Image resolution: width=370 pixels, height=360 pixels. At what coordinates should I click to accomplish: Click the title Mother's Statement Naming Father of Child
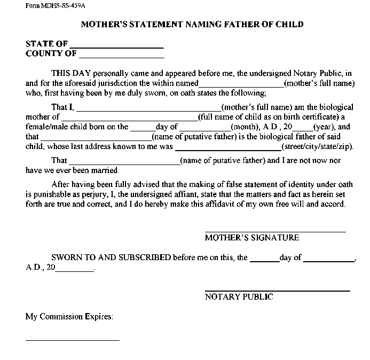click(x=192, y=25)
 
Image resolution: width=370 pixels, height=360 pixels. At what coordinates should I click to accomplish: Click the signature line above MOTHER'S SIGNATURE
click(x=275, y=232)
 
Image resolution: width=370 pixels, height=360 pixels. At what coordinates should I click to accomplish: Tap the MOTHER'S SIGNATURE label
click(x=251, y=238)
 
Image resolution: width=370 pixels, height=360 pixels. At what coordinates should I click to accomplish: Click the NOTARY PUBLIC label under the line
click(x=239, y=297)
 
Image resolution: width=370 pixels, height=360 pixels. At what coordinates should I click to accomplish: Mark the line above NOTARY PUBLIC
click(x=277, y=291)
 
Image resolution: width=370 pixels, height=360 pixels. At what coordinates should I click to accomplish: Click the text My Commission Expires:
click(x=69, y=316)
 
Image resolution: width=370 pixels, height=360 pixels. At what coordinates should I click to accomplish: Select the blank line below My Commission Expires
click(x=72, y=340)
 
